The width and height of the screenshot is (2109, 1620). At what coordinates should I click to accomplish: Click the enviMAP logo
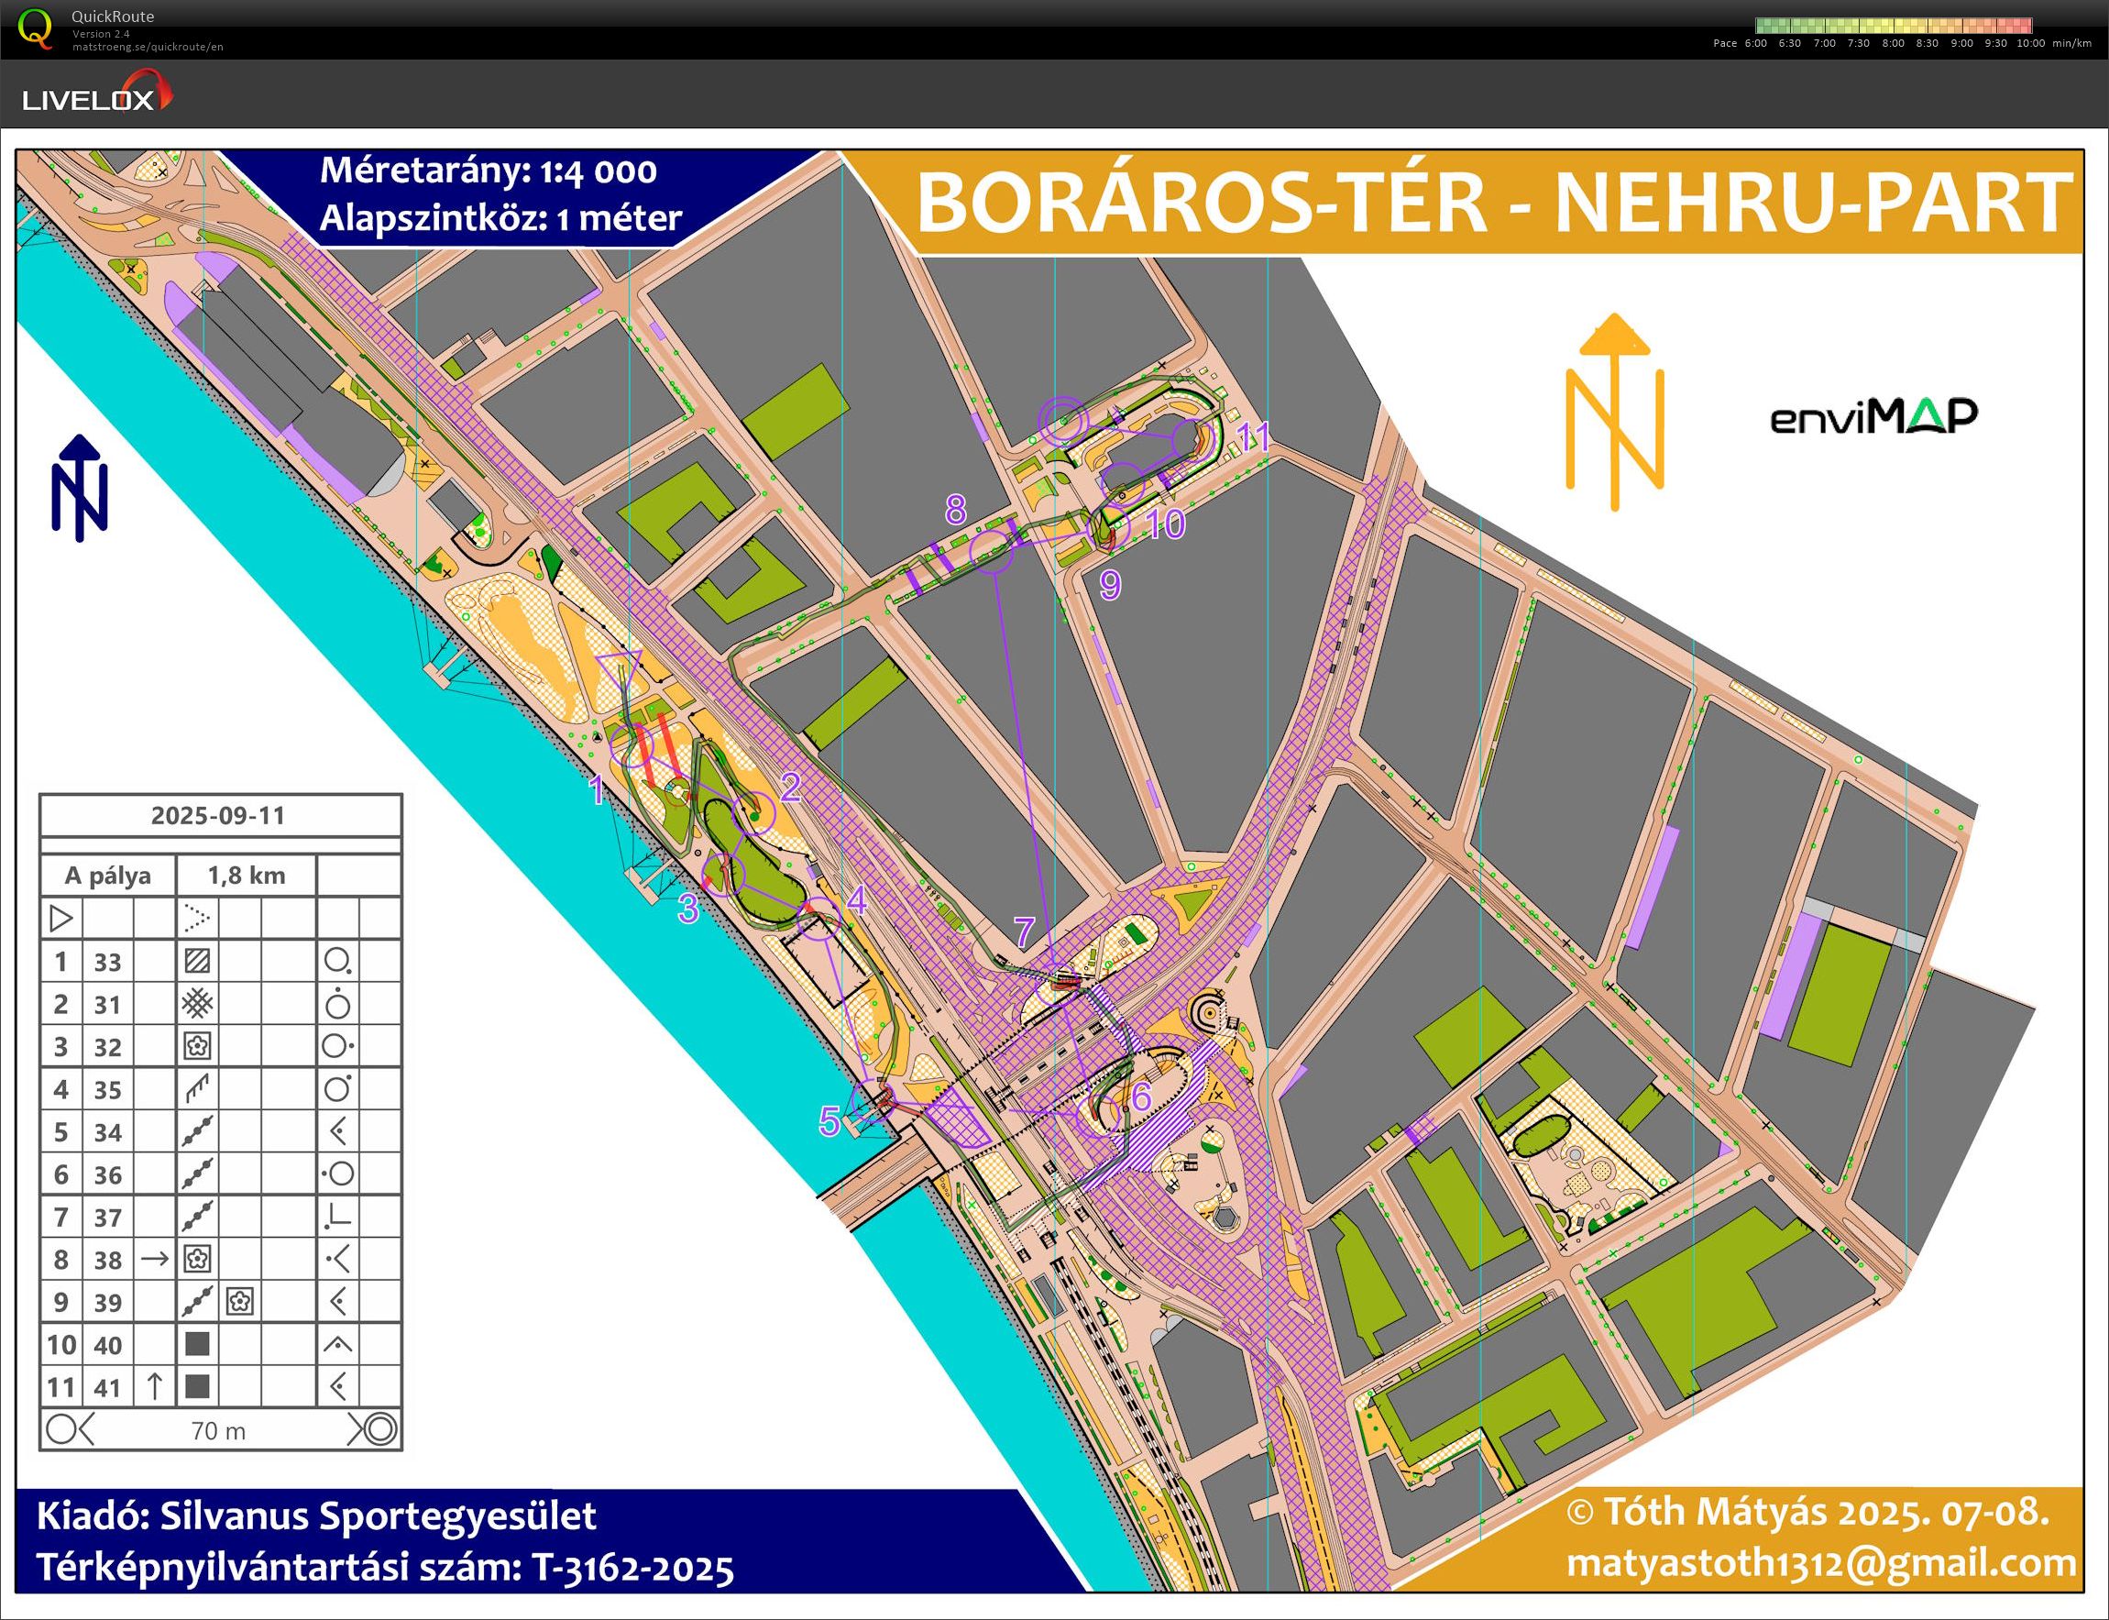(1873, 416)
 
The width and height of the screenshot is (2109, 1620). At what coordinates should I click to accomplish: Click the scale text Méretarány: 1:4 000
(488, 171)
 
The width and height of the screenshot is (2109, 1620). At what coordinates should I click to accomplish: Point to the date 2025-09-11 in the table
(219, 816)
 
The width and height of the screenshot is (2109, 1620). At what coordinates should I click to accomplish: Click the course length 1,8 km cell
(247, 876)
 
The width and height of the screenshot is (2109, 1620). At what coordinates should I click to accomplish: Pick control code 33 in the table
(108, 962)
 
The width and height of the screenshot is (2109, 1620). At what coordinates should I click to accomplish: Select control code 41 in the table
(108, 1388)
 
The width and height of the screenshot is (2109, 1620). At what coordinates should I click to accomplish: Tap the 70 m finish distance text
(219, 1431)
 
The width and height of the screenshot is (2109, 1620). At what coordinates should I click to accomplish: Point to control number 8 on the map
(955, 508)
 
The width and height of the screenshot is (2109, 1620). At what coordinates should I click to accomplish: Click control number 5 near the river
(829, 1120)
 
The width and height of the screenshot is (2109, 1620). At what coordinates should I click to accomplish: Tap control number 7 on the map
(1024, 931)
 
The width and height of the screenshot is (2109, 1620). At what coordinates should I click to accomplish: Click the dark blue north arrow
(80, 488)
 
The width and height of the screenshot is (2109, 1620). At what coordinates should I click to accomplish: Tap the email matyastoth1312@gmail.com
(1820, 1563)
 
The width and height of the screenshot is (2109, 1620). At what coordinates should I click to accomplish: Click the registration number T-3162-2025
(632, 1568)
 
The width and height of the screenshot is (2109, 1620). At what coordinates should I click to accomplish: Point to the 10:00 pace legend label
(2029, 43)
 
